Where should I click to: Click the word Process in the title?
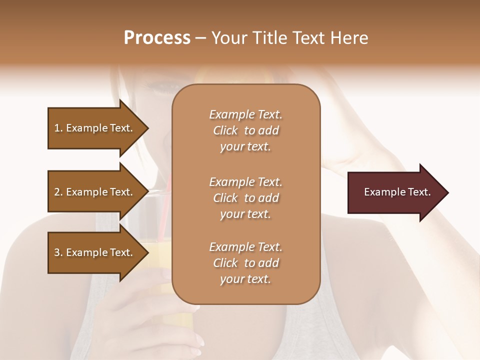(157, 38)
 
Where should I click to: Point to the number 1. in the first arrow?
(58, 128)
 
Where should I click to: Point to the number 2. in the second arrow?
(58, 192)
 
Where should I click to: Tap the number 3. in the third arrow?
(58, 252)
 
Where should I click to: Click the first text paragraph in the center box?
(245, 130)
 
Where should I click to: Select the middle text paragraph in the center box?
(245, 198)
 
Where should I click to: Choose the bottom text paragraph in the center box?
(245, 263)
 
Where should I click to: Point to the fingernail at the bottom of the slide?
(199, 341)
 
